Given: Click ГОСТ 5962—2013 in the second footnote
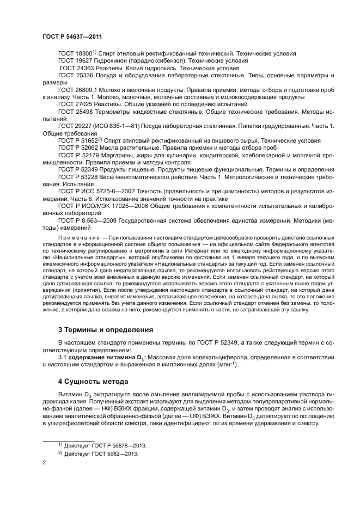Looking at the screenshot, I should click(x=111, y=453).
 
